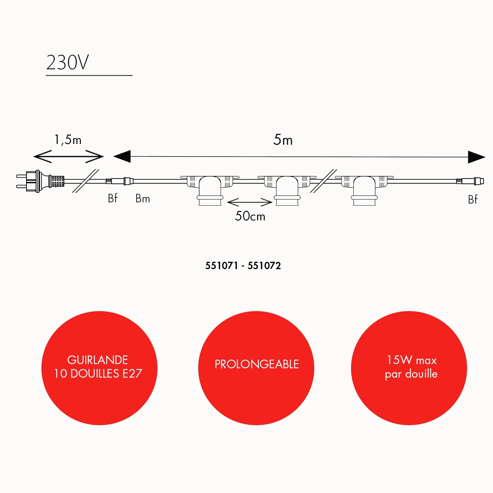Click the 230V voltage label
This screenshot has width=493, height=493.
click(67, 63)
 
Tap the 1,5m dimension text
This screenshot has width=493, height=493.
click(68, 140)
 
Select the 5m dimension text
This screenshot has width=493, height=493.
click(283, 140)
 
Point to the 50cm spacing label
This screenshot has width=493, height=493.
click(250, 216)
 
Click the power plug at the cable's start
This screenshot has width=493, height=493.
click(40, 181)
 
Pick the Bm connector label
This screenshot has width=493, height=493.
click(143, 198)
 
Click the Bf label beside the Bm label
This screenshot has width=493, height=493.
click(113, 198)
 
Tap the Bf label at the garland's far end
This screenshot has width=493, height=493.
click(473, 200)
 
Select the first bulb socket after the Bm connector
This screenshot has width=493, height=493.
click(210, 190)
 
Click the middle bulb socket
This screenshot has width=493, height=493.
click(287, 190)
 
